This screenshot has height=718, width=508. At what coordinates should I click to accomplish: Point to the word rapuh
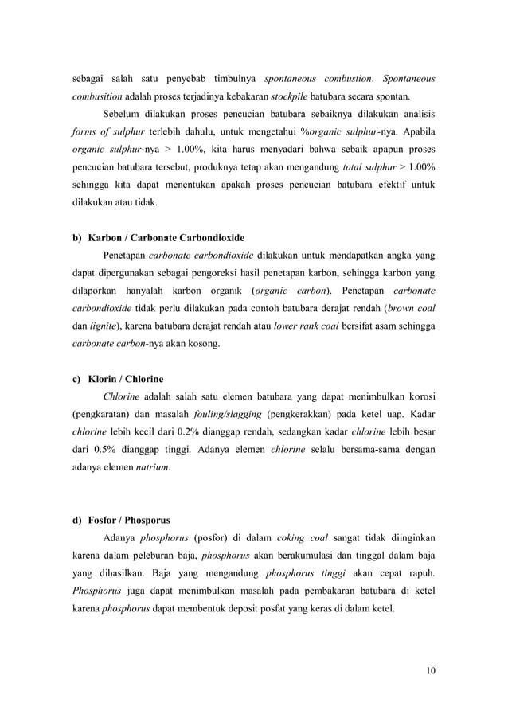pyautogui.click(x=420, y=572)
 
